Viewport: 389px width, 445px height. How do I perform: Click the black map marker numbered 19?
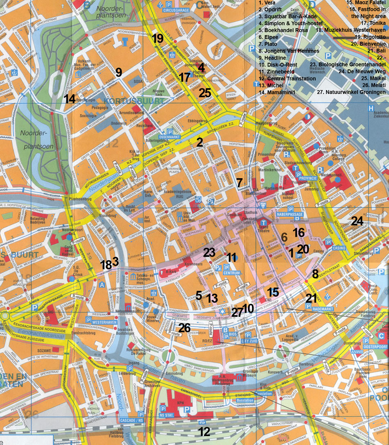point(157,39)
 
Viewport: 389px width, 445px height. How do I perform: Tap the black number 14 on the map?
point(69,99)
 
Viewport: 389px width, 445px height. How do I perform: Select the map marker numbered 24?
point(357,221)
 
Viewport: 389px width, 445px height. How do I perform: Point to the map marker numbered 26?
point(184,327)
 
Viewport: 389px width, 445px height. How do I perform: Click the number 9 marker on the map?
point(119,73)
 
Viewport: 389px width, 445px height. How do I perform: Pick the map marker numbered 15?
point(273,292)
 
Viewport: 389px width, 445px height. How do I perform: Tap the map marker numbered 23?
point(209,253)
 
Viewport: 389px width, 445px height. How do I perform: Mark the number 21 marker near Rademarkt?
point(311,298)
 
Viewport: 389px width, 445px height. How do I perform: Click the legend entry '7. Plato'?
point(268,43)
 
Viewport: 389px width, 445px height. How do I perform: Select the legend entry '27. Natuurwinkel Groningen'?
point(351,92)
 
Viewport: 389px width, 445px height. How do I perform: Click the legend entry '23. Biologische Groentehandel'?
point(348,64)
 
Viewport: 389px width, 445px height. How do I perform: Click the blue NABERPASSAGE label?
point(287,214)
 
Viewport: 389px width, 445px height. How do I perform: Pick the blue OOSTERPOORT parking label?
point(375,347)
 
